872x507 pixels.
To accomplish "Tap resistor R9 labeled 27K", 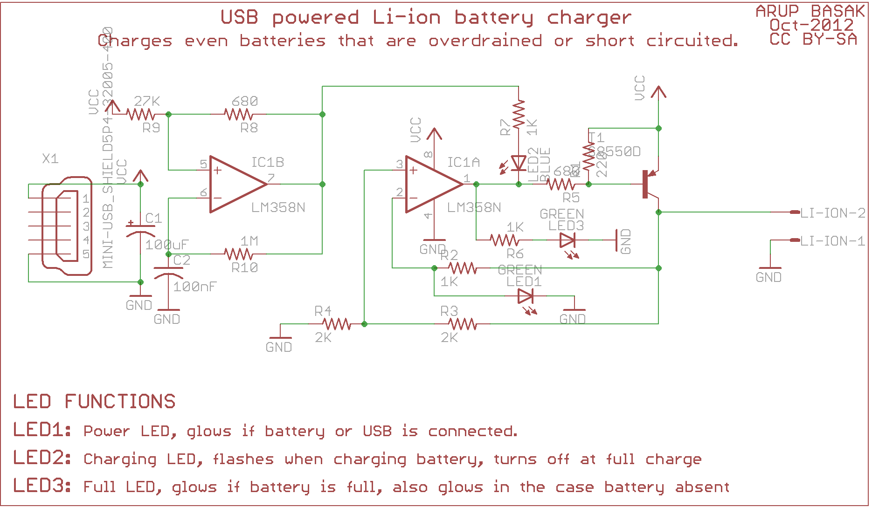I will pos(140,114).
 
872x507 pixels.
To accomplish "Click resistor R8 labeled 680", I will pos(238,114).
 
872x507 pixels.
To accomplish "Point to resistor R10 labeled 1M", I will pos(238,254).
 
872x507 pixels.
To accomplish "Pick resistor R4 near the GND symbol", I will pos(336,324).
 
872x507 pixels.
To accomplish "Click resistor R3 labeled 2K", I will pos(462,324).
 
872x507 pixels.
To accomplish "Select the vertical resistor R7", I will pos(519,114).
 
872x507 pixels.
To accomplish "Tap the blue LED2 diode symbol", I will pos(519,164).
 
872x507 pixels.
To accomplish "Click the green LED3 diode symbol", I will pos(567,240).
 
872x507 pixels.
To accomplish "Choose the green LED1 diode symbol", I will pos(526,296).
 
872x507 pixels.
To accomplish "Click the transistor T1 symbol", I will pos(649,185).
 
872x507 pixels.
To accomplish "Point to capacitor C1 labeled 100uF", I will pos(140,229).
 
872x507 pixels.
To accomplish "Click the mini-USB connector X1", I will pos(65,226).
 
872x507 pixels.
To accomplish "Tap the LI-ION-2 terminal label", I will pos(832,213).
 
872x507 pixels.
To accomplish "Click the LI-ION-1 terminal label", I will pos(832,241).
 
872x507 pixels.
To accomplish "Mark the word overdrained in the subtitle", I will pos(485,41).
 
